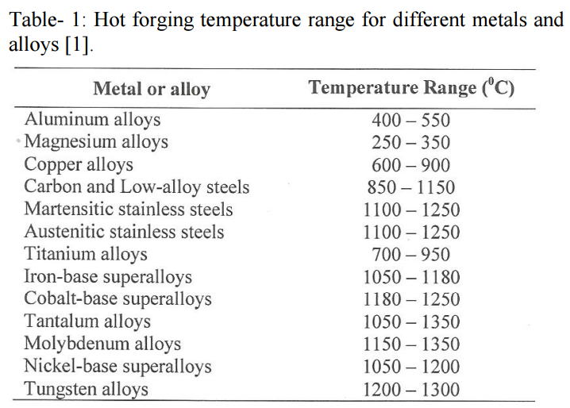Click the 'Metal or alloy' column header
[x=151, y=88]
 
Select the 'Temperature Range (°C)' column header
[x=411, y=87]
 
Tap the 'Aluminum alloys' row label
[x=92, y=120]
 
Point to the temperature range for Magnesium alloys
[x=410, y=143]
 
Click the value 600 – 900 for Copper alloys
[x=410, y=165]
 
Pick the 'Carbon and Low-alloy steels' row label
[x=137, y=187]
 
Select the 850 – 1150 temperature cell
[x=410, y=188]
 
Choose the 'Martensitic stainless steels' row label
[x=129, y=210]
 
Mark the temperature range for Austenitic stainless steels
[x=410, y=233]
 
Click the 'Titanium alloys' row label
[x=86, y=255]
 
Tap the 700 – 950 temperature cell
[x=410, y=256]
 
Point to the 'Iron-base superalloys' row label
[x=108, y=278]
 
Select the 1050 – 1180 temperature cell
[x=410, y=278]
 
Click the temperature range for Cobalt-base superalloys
[x=410, y=300]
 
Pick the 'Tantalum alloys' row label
[x=87, y=322]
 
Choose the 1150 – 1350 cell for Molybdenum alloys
[x=410, y=344]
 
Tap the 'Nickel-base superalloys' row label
[x=117, y=367]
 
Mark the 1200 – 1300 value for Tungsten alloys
[x=410, y=390]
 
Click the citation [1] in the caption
[x=76, y=46]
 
